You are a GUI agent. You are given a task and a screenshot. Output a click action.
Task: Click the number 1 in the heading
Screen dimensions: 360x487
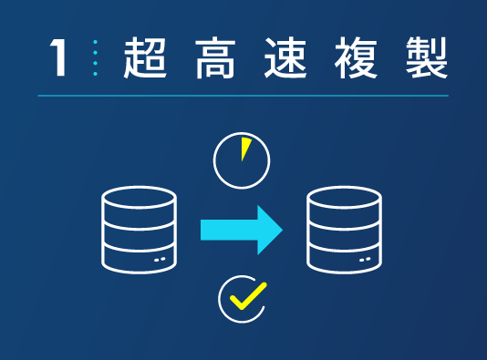[x=59, y=58]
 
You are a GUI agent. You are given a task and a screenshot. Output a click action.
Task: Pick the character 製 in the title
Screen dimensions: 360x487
[x=425, y=57]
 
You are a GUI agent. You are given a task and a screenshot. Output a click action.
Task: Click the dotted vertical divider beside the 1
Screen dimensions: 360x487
[x=94, y=58]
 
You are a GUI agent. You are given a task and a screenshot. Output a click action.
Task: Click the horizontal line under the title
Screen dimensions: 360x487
[x=243, y=96]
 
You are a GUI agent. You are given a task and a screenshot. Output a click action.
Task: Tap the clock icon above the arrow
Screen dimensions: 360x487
[x=242, y=160]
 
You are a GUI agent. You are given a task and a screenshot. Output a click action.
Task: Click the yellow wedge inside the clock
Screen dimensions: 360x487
[x=245, y=149]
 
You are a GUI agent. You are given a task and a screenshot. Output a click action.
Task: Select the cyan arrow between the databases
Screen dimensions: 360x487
[x=239, y=229]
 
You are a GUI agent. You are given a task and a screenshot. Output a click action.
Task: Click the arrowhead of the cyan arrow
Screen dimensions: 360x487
[x=269, y=229]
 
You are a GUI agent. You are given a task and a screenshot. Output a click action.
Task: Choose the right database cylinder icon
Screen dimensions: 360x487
[x=344, y=230]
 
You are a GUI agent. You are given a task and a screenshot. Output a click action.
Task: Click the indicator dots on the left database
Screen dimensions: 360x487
[x=161, y=259]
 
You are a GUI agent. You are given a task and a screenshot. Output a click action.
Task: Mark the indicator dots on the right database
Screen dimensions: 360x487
[x=366, y=259]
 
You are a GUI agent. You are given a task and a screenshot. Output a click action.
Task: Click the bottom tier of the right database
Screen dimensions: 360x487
[x=344, y=260]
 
